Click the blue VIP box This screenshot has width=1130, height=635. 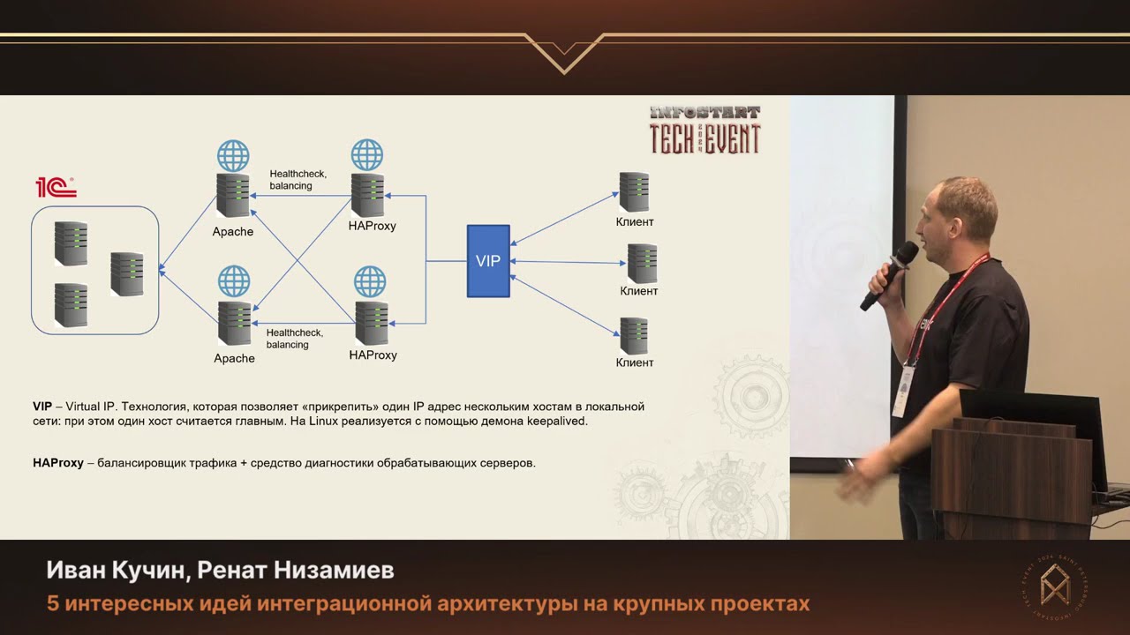pos(488,261)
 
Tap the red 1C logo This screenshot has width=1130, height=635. pos(56,187)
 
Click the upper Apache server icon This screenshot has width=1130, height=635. pos(233,196)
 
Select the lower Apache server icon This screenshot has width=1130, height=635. pos(234,325)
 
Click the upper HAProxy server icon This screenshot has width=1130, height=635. pos(367,195)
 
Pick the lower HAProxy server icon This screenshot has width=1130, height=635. pos(371,324)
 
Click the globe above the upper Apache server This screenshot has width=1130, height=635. pos(233,156)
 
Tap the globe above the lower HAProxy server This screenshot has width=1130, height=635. pos(370,282)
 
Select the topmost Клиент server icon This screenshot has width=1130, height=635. pos(634,191)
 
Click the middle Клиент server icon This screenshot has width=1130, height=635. pos(642,263)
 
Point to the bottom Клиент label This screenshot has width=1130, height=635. pos(635,362)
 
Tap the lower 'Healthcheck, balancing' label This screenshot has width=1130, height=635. pos(295,339)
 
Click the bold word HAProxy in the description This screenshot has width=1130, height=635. pos(58,463)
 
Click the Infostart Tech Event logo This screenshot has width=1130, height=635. pos(704,131)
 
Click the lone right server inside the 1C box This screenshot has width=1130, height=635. pos(127,273)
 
